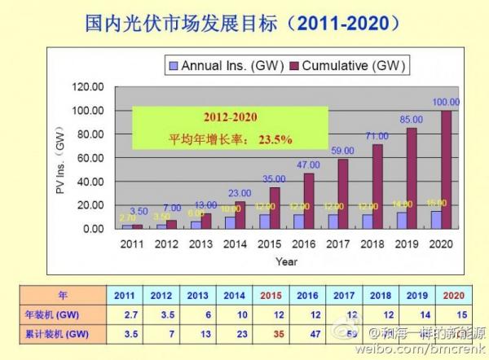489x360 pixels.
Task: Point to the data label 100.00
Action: pyautogui.click(x=444, y=102)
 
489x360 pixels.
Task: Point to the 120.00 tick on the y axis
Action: pyautogui.click(x=88, y=87)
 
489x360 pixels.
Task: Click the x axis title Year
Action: pyautogui.click(x=286, y=262)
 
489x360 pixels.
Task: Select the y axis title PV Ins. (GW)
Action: pyautogui.click(x=59, y=159)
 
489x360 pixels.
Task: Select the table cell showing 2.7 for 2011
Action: pyautogui.click(x=127, y=314)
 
